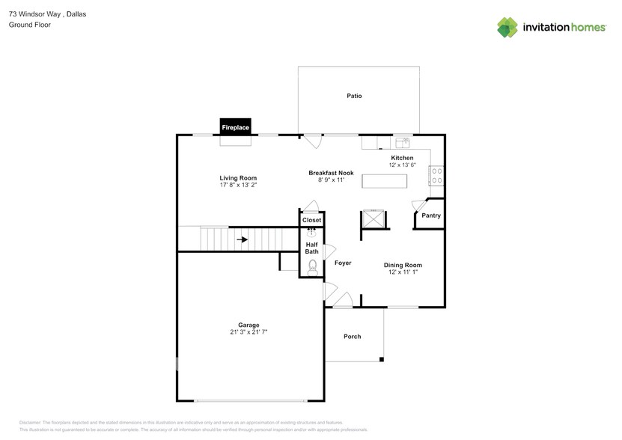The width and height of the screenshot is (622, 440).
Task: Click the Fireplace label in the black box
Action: coord(235,127)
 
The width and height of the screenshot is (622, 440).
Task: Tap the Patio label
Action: coord(354,96)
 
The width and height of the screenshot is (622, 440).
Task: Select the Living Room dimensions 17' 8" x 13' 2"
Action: coord(239,185)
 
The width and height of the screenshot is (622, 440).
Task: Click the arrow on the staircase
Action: coord(243,239)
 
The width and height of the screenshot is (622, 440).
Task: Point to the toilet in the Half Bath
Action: coord(313,268)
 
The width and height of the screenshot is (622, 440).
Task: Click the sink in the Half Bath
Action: coord(312,233)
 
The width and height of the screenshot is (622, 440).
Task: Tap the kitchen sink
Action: coord(403,142)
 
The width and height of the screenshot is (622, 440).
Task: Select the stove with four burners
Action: coord(437,176)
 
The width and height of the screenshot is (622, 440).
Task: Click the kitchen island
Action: coord(385,181)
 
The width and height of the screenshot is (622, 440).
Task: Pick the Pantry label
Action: coord(431,216)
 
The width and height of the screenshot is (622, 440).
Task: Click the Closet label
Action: coord(312,220)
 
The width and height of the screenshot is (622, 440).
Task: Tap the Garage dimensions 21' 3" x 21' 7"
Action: coord(249,331)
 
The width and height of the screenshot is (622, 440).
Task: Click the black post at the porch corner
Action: coord(382,359)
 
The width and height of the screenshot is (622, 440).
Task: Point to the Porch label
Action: coord(353,337)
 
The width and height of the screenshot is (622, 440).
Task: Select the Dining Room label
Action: coord(403,265)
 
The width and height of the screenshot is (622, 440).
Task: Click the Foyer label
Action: coord(343,263)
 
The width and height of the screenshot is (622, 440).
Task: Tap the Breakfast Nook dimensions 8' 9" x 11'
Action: coord(332,180)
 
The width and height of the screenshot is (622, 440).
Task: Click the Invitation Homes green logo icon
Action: coord(507,28)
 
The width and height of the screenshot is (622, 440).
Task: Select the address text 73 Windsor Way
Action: coord(34,14)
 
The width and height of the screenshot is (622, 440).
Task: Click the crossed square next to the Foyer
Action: coord(373,219)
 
